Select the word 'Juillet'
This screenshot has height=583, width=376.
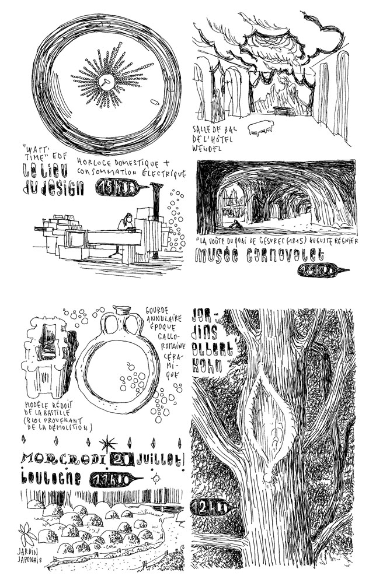point(161,459)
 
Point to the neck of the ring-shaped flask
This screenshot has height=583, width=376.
point(122,315)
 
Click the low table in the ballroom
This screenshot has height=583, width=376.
point(260,127)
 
